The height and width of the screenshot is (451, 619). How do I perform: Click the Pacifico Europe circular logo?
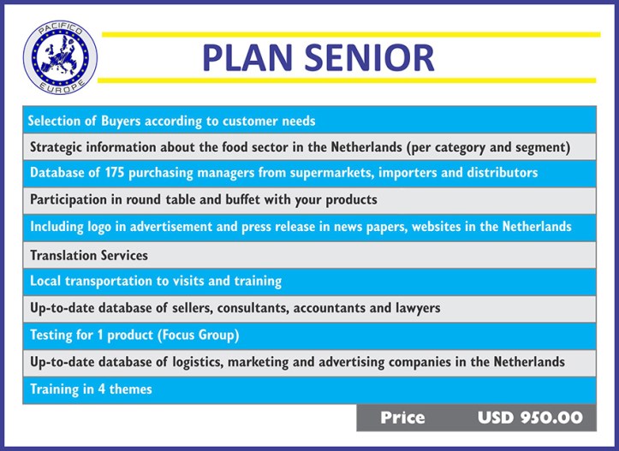point(59,56)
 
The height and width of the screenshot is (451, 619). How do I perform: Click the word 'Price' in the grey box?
point(402,418)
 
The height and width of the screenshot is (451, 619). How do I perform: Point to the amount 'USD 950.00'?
point(530,418)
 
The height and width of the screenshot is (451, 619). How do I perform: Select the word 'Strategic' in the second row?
point(57,147)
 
